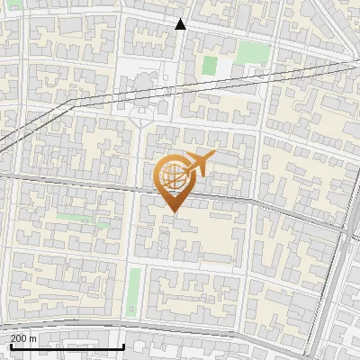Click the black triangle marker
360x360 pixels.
(x=181, y=24)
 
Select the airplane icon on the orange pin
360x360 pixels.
(x=197, y=165)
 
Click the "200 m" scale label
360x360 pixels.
(x=24, y=338)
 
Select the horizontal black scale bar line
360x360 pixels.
(x=67, y=347)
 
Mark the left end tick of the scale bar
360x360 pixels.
(x=10, y=346)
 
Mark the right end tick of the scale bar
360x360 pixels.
(x=123, y=346)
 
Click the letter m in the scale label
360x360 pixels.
(x=33, y=338)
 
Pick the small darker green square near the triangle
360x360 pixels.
(x=210, y=65)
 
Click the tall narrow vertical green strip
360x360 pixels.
(x=134, y=292)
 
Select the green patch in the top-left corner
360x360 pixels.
(x=10, y=9)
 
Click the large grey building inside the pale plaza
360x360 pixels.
(x=144, y=85)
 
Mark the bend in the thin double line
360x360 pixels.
(x=71, y=105)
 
